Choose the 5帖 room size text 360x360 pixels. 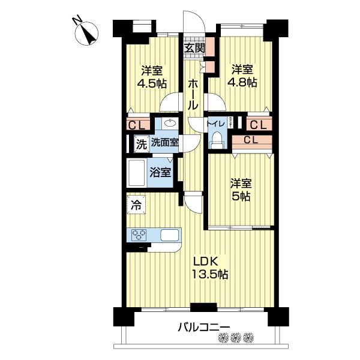point(242,196)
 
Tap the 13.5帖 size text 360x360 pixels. point(209,275)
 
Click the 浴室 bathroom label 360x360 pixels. point(161,172)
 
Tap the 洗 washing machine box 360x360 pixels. point(140,144)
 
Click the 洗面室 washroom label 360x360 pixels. point(164,143)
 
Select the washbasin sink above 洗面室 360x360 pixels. point(169,125)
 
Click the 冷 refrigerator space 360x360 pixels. point(136,205)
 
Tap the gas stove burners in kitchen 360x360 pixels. point(138,235)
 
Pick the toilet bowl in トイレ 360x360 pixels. point(216,142)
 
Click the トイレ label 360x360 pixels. point(216,124)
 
